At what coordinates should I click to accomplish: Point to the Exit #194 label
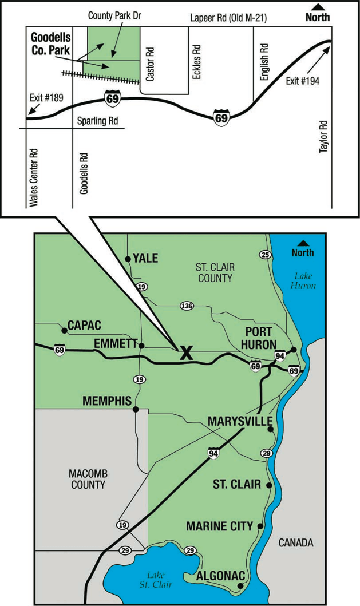302,81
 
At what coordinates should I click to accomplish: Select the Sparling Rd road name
98,121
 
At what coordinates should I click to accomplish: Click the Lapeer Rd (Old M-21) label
228,19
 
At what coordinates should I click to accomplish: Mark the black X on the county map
185,352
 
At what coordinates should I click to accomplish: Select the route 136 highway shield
186,306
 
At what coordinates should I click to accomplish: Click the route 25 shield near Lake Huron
264,254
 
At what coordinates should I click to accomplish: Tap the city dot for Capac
64,331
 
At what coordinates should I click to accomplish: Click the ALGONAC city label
217,576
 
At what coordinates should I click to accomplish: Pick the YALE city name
145,258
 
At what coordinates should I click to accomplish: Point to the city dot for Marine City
260,526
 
